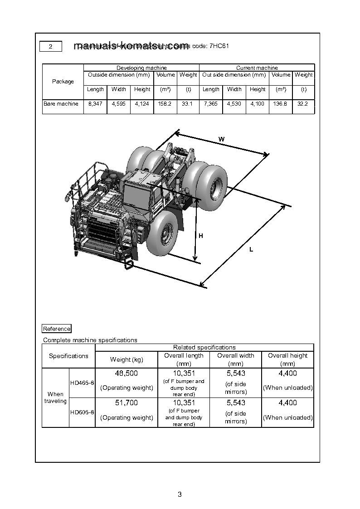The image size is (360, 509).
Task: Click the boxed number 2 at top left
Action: [x=51, y=47]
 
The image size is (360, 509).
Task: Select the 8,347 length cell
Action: [x=95, y=104]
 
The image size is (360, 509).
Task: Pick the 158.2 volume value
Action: [x=165, y=104]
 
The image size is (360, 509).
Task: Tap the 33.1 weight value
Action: [x=187, y=104]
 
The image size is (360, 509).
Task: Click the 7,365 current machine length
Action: [x=211, y=104]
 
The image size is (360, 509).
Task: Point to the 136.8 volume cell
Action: [x=281, y=104]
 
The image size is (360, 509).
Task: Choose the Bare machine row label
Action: [x=61, y=104]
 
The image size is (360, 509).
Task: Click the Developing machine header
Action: [x=141, y=68]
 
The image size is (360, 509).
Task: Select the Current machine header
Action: [x=257, y=68]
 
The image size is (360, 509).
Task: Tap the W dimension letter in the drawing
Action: [x=221, y=139]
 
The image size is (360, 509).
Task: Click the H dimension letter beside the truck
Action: [x=201, y=236]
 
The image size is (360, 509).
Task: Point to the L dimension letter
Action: [x=251, y=250]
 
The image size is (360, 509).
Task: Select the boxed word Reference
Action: [x=57, y=329]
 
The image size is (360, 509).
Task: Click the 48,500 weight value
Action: [x=126, y=373]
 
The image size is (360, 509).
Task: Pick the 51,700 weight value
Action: [x=126, y=403]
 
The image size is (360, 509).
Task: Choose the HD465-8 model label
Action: [x=82, y=383]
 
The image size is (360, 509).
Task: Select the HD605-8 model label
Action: [x=82, y=412]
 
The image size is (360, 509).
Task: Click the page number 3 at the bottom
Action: [x=180, y=494]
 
